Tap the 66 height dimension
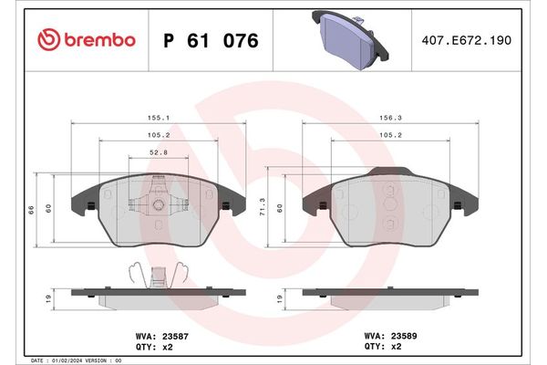coord(31,209)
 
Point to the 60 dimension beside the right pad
coord(281,207)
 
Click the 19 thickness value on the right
coord(279,297)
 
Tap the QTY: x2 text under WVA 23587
coord(149,347)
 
